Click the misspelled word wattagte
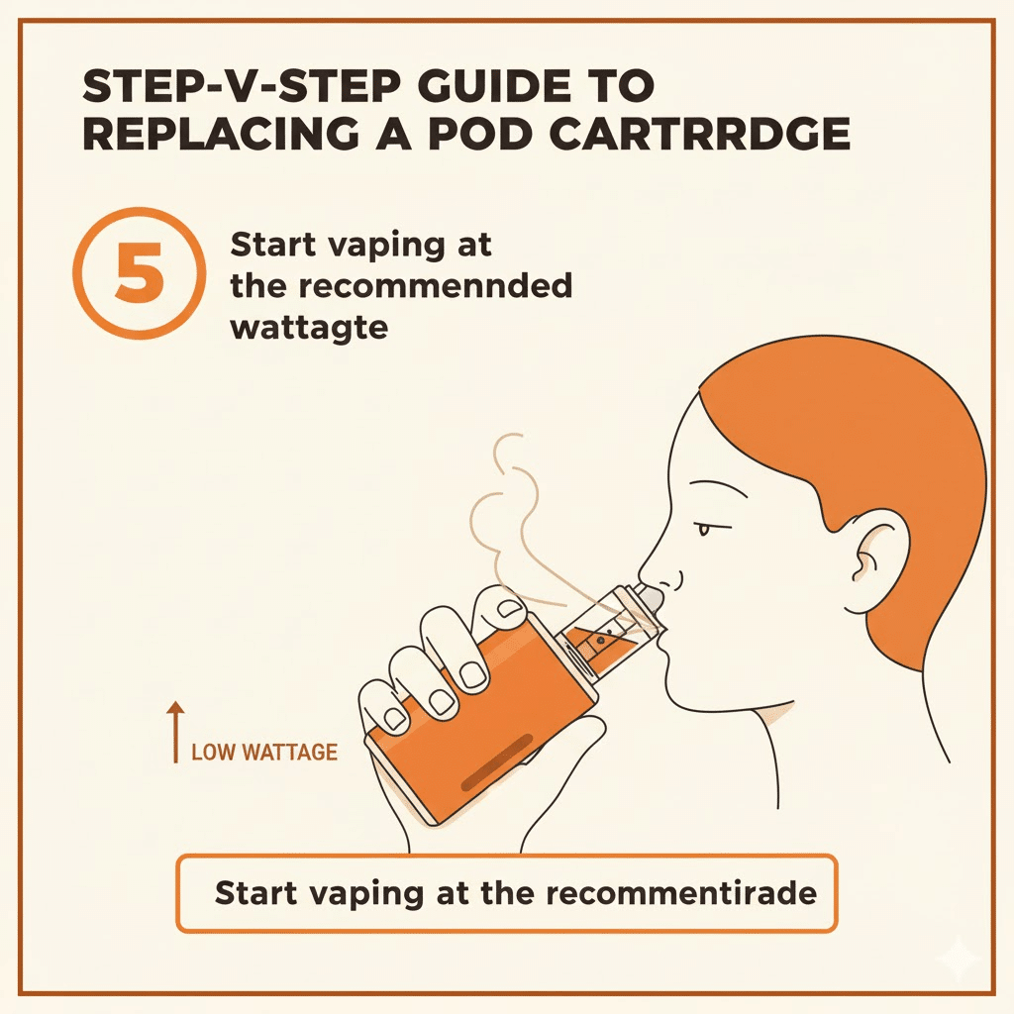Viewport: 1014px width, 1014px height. coord(309,328)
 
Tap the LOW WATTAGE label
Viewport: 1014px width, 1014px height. coord(264,753)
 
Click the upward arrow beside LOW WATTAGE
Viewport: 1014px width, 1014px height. coord(175,733)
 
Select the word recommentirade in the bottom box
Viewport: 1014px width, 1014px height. coord(681,893)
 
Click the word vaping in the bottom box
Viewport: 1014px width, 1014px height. coord(366,895)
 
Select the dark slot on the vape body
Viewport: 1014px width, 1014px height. coord(497,763)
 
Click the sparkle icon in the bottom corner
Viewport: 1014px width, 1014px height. coord(961,962)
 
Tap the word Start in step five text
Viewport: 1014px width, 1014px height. coord(271,245)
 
